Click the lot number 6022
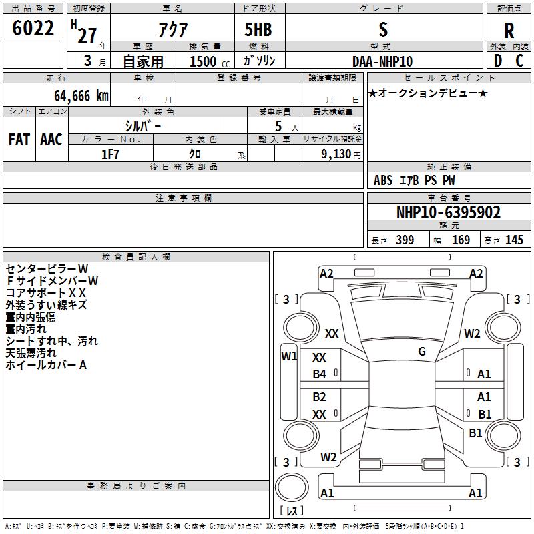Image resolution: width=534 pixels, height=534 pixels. coord(33,28)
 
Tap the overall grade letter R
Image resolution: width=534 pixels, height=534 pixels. coord(509,31)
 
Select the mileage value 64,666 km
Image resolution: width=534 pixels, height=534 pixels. coord(81,96)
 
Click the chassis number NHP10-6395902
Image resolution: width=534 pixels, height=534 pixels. coord(449,212)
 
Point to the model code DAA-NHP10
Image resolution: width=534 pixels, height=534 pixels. coord(382,61)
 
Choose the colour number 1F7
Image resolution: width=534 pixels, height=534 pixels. coord(110,154)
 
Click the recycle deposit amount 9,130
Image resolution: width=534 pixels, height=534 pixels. coord(336,154)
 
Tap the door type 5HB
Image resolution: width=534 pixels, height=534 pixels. coord(258,29)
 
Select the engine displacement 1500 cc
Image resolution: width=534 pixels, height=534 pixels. coord(210,61)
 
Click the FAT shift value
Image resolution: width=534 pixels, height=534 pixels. coord(19,140)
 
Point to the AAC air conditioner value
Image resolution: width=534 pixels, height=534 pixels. coord(51,140)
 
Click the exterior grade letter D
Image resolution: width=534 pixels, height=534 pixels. coord(498,61)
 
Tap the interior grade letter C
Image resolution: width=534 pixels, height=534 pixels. coord(519,61)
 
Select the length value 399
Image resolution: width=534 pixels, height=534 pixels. coord(405,240)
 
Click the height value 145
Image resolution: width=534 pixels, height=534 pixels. coord(514,240)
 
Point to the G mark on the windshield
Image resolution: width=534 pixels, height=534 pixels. coord(422,352)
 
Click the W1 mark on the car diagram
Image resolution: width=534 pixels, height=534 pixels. coord(289,356)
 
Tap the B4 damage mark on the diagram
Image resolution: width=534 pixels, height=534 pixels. coord(320,374)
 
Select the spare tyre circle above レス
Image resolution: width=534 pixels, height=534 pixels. coord(292,487)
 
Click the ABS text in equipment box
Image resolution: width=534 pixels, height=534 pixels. coord(383,180)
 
